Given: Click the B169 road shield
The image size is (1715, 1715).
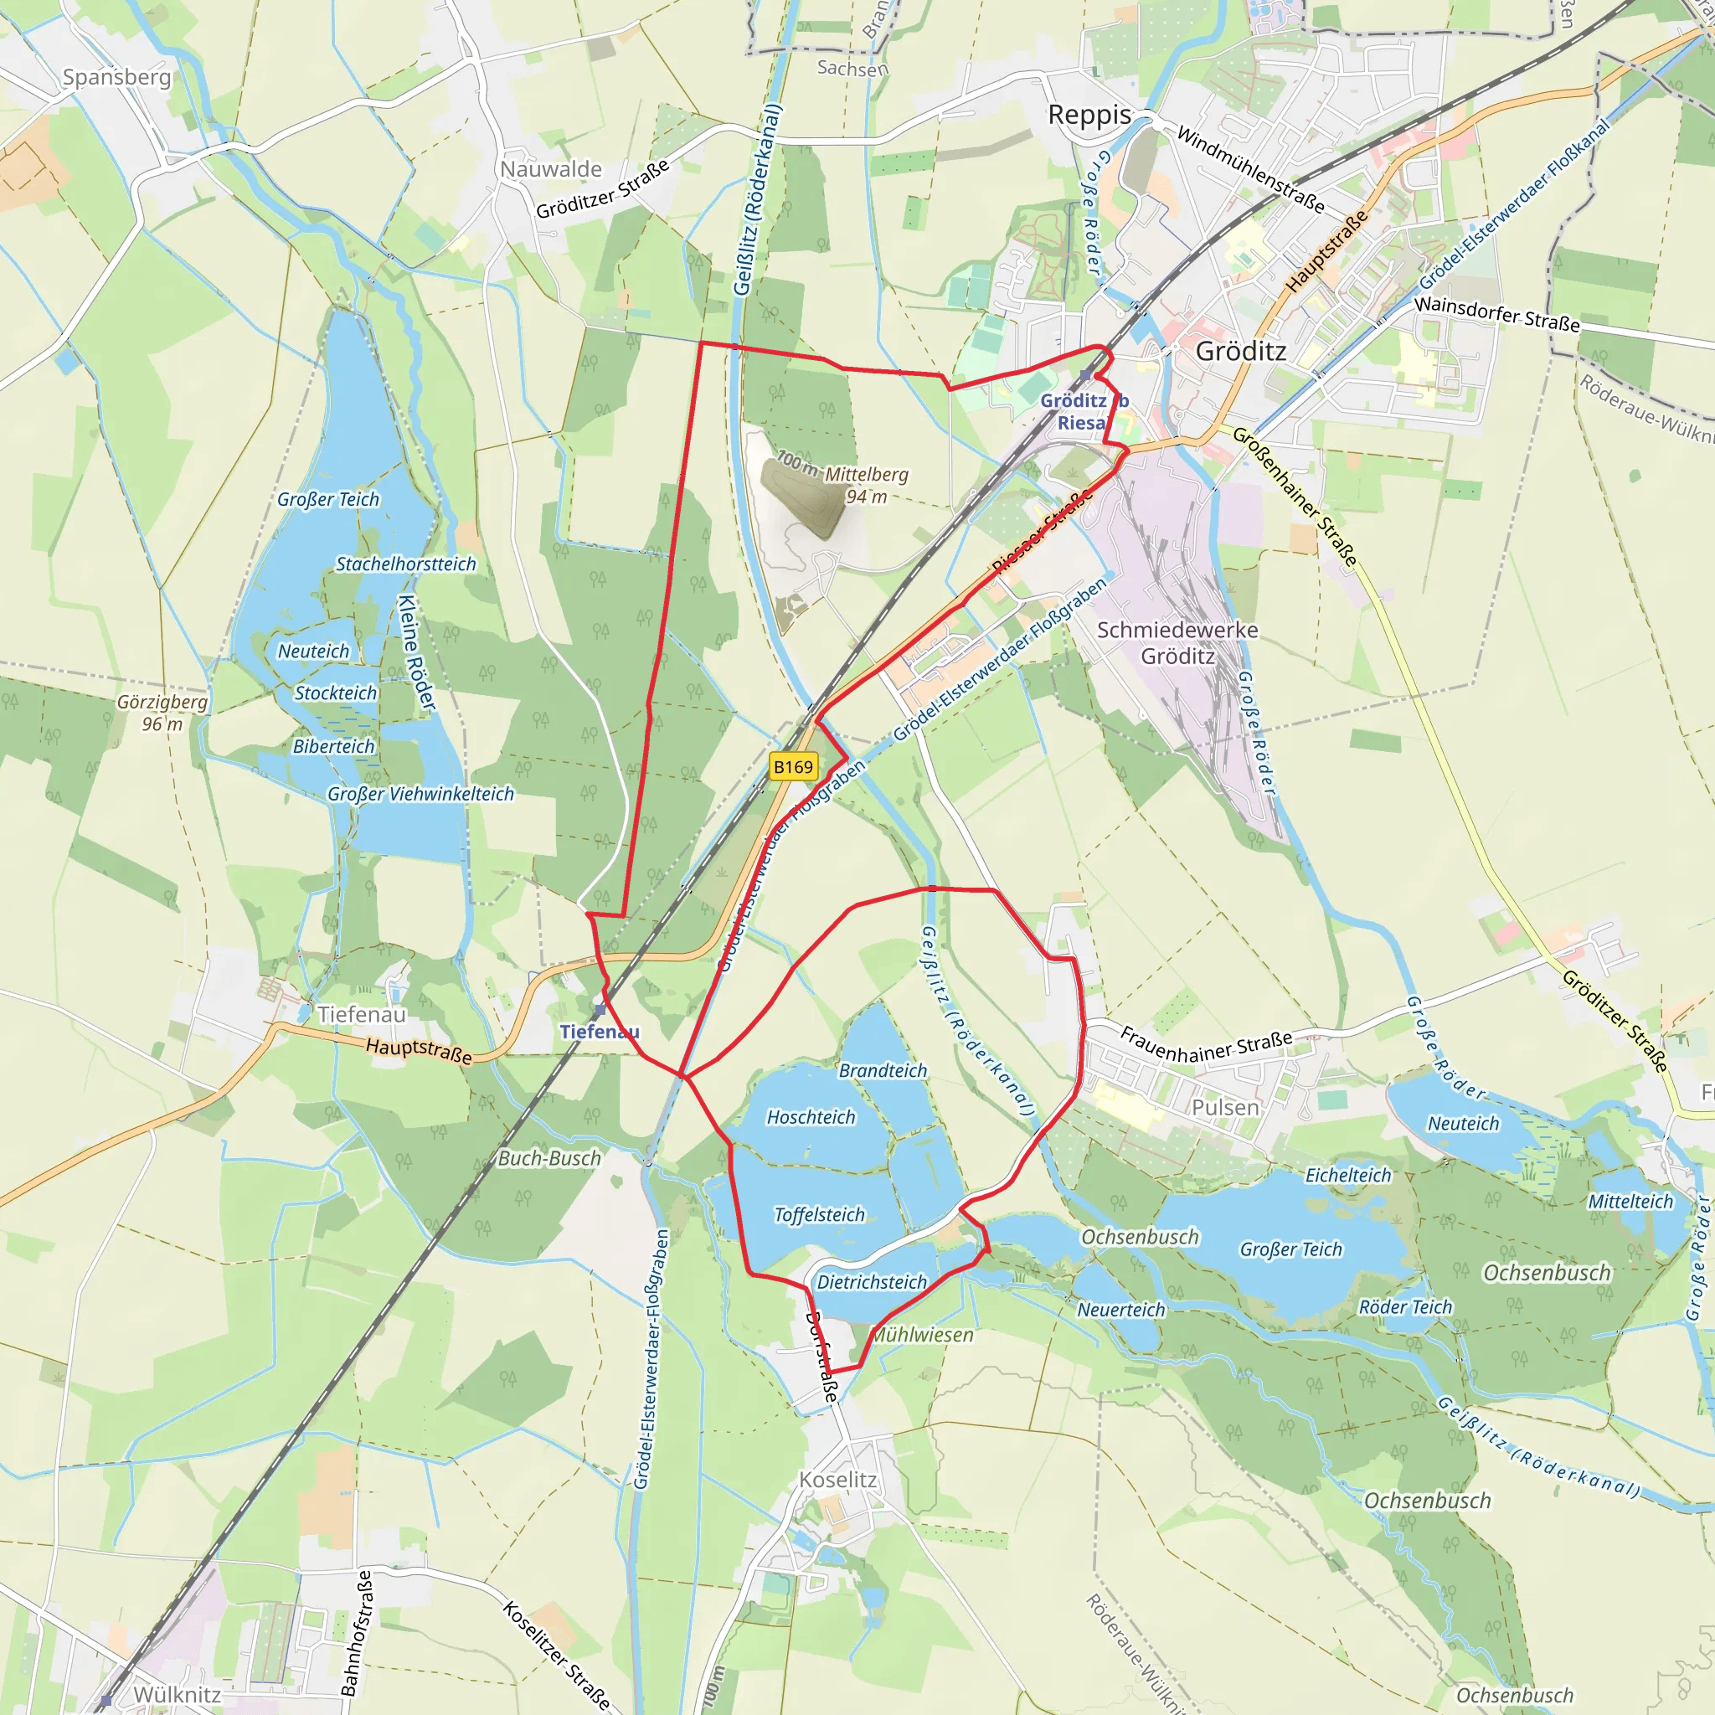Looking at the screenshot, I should click(793, 767).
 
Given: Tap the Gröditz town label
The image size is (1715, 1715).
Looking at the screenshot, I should click(1240, 352).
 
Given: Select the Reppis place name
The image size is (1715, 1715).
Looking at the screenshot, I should click(1089, 116).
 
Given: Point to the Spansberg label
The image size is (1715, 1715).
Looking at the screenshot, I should click(116, 77).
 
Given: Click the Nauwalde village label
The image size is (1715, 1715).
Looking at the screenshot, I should click(550, 168).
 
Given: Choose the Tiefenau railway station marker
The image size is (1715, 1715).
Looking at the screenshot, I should click(600, 1010).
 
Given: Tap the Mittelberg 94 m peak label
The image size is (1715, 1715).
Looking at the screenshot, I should click(866, 485).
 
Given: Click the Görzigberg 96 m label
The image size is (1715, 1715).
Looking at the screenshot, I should click(162, 713).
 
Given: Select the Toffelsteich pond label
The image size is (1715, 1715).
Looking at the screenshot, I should click(818, 1214).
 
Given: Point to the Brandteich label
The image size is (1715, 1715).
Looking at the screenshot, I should click(883, 1070).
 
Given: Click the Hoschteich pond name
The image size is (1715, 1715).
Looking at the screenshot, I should click(811, 1117).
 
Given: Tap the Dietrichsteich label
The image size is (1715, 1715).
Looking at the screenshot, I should click(872, 1282).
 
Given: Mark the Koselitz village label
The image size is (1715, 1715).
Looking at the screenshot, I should click(837, 1480).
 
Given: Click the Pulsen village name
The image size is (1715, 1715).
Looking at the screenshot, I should click(1225, 1107).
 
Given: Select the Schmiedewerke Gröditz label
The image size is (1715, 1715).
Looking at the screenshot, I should click(1177, 642).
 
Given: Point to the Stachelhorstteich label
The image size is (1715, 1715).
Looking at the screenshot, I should click(405, 564).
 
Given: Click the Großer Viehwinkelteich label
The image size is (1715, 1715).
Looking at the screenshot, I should click(420, 794).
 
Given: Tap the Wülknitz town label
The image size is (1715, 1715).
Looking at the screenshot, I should click(177, 1695).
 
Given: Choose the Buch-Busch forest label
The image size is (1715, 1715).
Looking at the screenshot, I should click(549, 1158).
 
